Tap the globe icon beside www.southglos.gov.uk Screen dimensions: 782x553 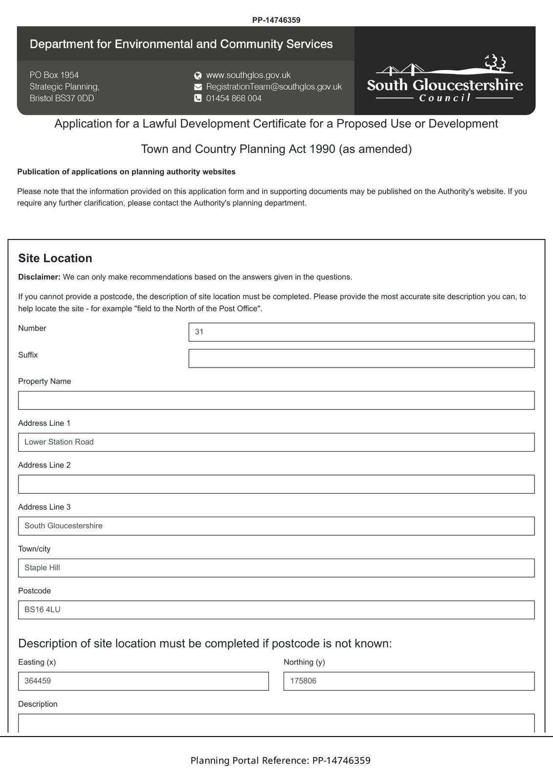[x=198, y=75]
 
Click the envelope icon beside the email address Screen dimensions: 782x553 [x=198, y=87]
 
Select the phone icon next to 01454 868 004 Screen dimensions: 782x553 [x=198, y=98]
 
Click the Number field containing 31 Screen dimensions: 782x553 [x=361, y=332]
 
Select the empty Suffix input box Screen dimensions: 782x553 [x=361, y=358]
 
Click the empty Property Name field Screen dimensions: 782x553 [x=276, y=400]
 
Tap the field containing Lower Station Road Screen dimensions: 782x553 [x=276, y=442]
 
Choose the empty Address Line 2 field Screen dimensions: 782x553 [x=276, y=484]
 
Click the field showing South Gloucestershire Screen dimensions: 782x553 [x=276, y=526]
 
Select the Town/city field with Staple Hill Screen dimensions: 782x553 [x=276, y=568]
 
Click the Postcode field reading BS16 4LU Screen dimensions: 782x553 [x=276, y=610]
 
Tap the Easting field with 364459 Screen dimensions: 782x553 [x=143, y=681]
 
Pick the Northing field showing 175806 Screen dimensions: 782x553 [x=409, y=681]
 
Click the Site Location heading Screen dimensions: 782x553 [x=55, y=258]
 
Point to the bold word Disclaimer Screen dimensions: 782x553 [x=39, y=277]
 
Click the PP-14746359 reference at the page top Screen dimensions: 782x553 [x=276, y=20]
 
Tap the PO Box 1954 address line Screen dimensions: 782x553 [x=54, y=75]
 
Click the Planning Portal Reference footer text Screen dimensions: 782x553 [x=280, y=760]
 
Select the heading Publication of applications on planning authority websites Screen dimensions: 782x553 [x=126, y=172]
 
